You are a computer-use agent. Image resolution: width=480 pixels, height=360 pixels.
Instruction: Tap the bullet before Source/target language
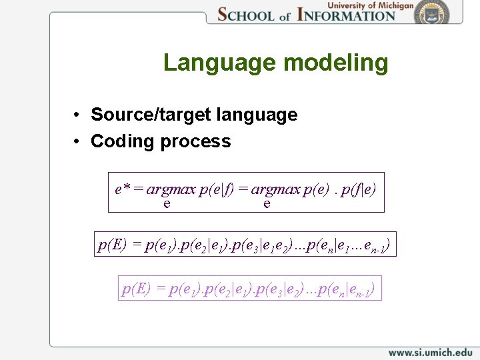78,115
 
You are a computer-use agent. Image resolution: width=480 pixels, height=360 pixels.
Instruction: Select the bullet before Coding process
78,141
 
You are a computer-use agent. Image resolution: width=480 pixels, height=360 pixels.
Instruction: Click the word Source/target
151,115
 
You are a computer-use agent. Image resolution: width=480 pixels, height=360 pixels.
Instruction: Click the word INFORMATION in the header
347,14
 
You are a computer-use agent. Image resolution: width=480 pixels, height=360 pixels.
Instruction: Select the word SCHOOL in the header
247,14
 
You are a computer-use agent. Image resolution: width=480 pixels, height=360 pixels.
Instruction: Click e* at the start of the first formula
122,189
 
